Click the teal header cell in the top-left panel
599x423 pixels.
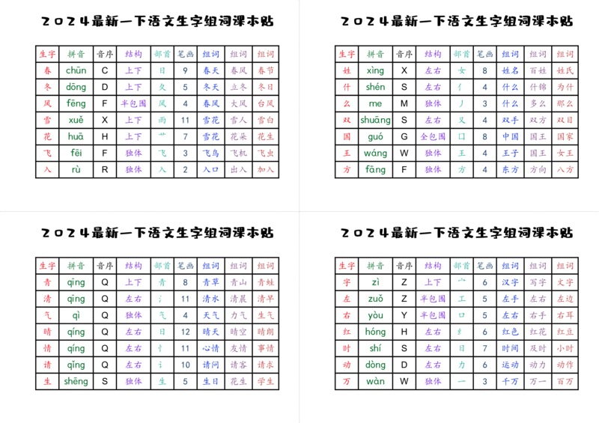(x=162, y=54)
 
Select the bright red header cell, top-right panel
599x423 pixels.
(x=346, y=54)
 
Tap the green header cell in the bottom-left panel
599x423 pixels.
(x=76, y=265)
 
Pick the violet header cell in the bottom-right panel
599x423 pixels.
(x=432, y=265)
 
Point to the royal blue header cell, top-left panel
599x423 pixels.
(x=212, y=54)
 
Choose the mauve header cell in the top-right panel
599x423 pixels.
(x=538, y=54)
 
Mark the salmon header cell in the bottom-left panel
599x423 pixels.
(x=266, y=265)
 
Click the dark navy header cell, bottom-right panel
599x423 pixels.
(x=485, y=265)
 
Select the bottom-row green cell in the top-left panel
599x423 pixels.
(x=77, y=169)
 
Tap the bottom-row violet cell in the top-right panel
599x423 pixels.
(x=432, y=169)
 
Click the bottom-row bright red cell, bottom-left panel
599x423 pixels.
(x=47, y=381)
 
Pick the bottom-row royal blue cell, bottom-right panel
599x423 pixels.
(x=511, y=381)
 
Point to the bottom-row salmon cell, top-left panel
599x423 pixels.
(x=266, y=169)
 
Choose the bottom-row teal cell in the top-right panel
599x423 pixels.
(x=461, y=169)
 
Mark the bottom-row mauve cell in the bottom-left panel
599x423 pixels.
(x=238, y=381)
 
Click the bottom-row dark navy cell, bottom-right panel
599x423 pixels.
(x=485, y=381)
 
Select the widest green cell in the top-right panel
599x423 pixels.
(x=375, y=120)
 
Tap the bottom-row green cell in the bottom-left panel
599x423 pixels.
(x=76, y=381)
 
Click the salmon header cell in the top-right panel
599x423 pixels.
(x=565, y=54)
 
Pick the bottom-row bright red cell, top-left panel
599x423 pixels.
(x=47, y=169)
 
